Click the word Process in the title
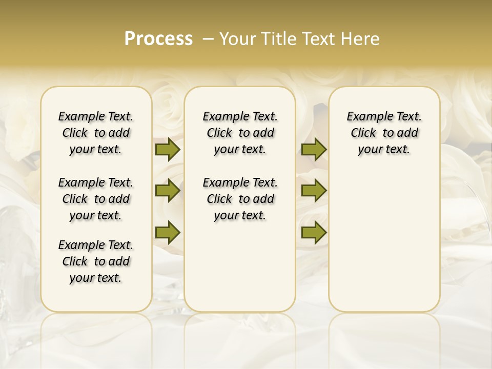pos(158,39)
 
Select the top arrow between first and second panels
pos(168,149)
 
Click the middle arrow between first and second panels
pos(168,191)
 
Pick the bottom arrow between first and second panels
pos(168,233)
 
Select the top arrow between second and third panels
pos(314,149)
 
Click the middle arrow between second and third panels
pos(314,191)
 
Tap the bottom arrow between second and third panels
pos(314,233)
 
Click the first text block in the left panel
pos(96,133)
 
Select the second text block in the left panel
pos(96,199)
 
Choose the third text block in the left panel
pos(96,261)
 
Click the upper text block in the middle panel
pos(240,133)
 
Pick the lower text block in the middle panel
pos(240,199)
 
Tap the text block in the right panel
pos(384,133)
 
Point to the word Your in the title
pos(236,39)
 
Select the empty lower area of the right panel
pos(384,241)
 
